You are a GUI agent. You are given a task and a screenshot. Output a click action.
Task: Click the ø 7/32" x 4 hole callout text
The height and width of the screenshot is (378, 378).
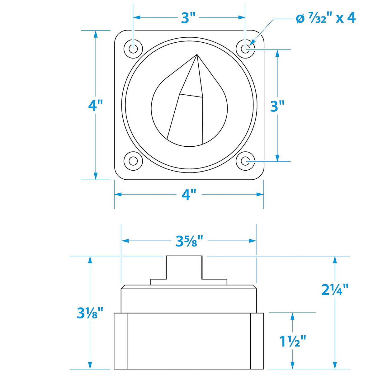click(x=326, y=18)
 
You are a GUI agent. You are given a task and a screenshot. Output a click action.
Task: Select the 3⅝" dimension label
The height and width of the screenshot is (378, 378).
click(x=189, y=241)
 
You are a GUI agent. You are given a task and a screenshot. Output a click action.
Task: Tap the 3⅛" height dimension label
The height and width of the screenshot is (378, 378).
click(x=90, y=312)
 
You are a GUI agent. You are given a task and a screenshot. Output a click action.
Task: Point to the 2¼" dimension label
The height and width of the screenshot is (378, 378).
click(x=335, y=290)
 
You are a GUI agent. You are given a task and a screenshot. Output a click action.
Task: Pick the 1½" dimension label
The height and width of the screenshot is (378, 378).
click(x=293, y=341)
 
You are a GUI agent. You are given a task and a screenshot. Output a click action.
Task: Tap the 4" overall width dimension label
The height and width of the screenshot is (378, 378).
click(x=189, y=195)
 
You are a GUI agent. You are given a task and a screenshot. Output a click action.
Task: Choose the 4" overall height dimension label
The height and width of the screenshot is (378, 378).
click(x=95, y=105)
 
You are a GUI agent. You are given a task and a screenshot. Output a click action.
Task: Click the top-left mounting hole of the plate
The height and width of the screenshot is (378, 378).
click(x=133, y=49)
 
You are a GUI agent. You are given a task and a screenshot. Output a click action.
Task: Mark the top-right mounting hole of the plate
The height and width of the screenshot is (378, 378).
click(x=246, y=49)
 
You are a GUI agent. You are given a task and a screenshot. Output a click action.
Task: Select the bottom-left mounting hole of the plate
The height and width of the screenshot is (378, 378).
click(x=133, y=161)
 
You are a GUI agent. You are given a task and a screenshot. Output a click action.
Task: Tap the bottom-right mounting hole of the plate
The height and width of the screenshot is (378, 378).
click(x=246, y=161)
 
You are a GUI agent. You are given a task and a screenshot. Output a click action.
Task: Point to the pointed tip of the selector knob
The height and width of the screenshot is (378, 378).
click(x=197, y=55)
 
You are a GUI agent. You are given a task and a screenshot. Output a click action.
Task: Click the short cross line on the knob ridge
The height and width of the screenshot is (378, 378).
click(x=191, y=95)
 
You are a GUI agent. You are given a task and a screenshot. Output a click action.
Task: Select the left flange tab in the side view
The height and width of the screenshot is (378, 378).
click(x=120, y=341)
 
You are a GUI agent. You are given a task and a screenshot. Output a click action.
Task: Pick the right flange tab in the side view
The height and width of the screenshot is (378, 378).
click(x=257, y=341)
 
